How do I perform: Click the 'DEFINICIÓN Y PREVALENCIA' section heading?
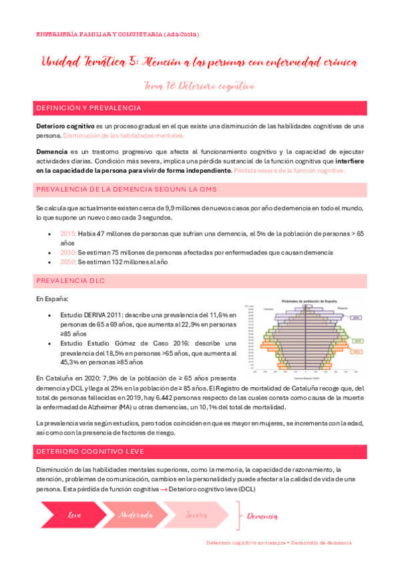[88, 107]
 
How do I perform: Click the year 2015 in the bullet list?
[68, 234]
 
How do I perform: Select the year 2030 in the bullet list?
[68, 252]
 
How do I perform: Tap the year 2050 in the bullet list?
[68, 262]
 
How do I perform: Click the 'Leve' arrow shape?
[75, 515]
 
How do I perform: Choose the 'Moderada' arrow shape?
[136, 515]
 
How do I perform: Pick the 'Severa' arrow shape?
[196, 515]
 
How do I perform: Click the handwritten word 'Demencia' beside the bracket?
[263, 516]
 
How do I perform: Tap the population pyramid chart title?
[307, 302]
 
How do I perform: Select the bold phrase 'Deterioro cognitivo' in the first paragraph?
[65, 125]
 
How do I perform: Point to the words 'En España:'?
[53, 300]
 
